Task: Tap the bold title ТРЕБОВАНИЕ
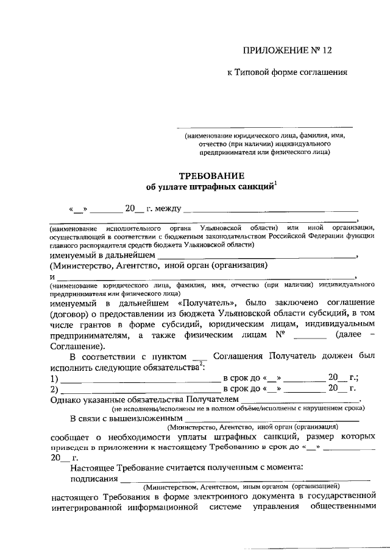[207, 175]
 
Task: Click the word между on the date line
[168, 209]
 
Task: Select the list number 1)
[54, 379]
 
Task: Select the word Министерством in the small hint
[171, 488]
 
